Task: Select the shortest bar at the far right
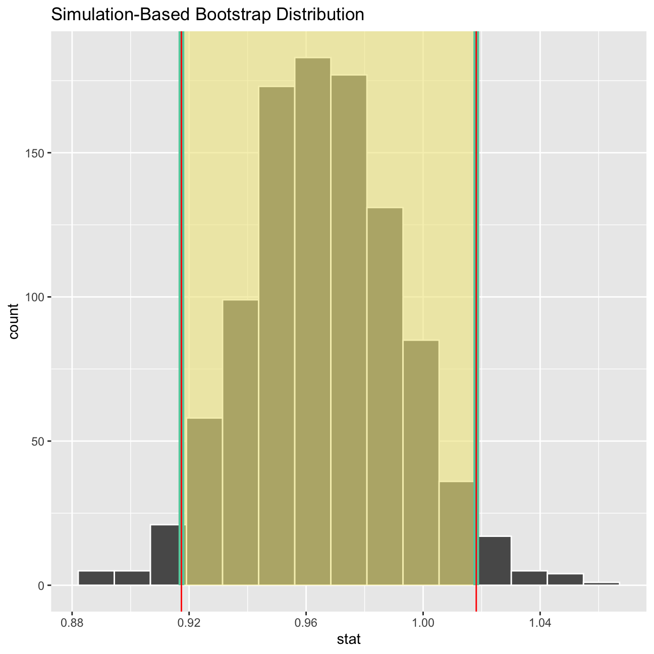point(601,583)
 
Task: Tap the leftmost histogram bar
point(96,578)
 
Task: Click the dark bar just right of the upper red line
point(495,560)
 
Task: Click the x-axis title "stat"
point(349,640)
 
